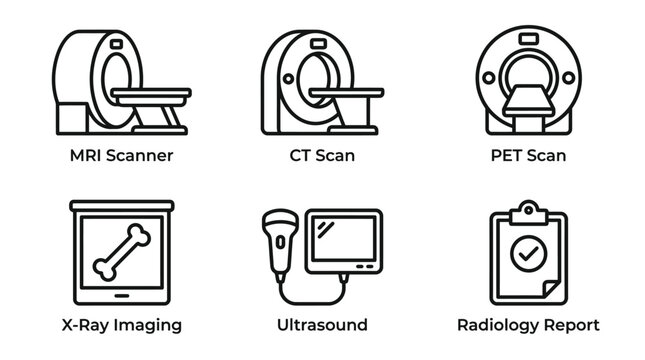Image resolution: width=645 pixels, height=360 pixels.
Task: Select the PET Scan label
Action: pyautogui.click(x=527, y=155)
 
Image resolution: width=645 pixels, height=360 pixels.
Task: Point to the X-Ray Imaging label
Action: pyautogui.click(x=122, y=325)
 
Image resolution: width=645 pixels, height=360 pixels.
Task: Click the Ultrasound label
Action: pyautogui.click(x=322, y=325)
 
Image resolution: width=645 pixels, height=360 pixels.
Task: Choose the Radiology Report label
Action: pyautogui.click(x=528, y=325)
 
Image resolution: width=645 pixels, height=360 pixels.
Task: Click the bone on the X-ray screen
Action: pyautogui.click(x=122, y=254)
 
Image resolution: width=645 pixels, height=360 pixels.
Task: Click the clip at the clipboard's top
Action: pyautogui.click(x=526, y=212)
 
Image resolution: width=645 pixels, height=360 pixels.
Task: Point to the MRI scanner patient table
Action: pyautogui.click(x=150, y=95)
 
